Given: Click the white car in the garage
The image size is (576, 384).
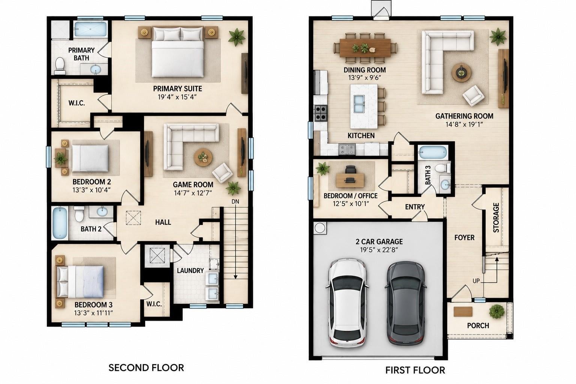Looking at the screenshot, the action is tap(347, 303).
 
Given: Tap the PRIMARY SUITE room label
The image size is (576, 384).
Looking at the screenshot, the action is tap(177, 89).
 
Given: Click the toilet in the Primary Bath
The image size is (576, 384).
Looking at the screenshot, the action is tap(60, 64).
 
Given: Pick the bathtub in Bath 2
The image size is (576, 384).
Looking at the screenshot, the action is tap(60, 223).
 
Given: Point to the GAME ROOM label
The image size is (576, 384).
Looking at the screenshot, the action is tap(193, 184).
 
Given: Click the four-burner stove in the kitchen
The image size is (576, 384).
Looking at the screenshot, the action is tap(321, 113).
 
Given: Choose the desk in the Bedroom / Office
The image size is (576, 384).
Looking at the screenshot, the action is tap(350, 180).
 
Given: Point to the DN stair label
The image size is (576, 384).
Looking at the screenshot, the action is tap(235, 202).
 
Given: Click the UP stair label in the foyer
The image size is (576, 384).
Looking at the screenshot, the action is tap(476, 281).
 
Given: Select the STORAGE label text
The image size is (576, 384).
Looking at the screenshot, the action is tap(496, 217).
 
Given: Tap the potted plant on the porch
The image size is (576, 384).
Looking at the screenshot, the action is tap(496, 312).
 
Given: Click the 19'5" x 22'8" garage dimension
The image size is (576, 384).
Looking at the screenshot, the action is tap(379, 250).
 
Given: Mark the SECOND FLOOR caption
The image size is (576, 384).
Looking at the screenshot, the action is tap(146, 368).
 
